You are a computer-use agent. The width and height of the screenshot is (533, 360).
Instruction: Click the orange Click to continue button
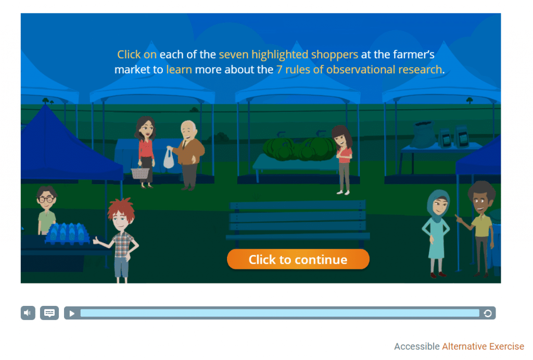[298, 259]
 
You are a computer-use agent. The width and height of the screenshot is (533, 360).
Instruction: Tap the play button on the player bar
[72, 313]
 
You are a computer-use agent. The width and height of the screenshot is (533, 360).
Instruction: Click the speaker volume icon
[28, 313]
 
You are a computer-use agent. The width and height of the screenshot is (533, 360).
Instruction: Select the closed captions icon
[49, 313]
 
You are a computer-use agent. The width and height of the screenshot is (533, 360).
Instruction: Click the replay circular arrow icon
[487, 313]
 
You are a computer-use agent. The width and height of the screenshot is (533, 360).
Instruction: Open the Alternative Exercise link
[483, 346]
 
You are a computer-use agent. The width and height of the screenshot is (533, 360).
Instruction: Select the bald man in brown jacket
[187, 155]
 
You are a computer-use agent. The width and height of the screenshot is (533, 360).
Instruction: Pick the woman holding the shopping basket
[146, 152]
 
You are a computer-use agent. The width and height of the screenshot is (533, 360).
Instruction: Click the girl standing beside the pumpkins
[344, 160]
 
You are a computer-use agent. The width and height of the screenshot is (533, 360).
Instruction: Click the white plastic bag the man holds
[169, 158]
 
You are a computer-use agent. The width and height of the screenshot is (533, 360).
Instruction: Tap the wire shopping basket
[140, 173]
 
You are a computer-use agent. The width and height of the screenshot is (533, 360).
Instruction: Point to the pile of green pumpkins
[300, 148]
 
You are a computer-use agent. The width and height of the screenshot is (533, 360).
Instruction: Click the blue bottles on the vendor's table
[67, 233]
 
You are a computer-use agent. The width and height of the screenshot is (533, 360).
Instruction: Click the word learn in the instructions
[179, 70]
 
